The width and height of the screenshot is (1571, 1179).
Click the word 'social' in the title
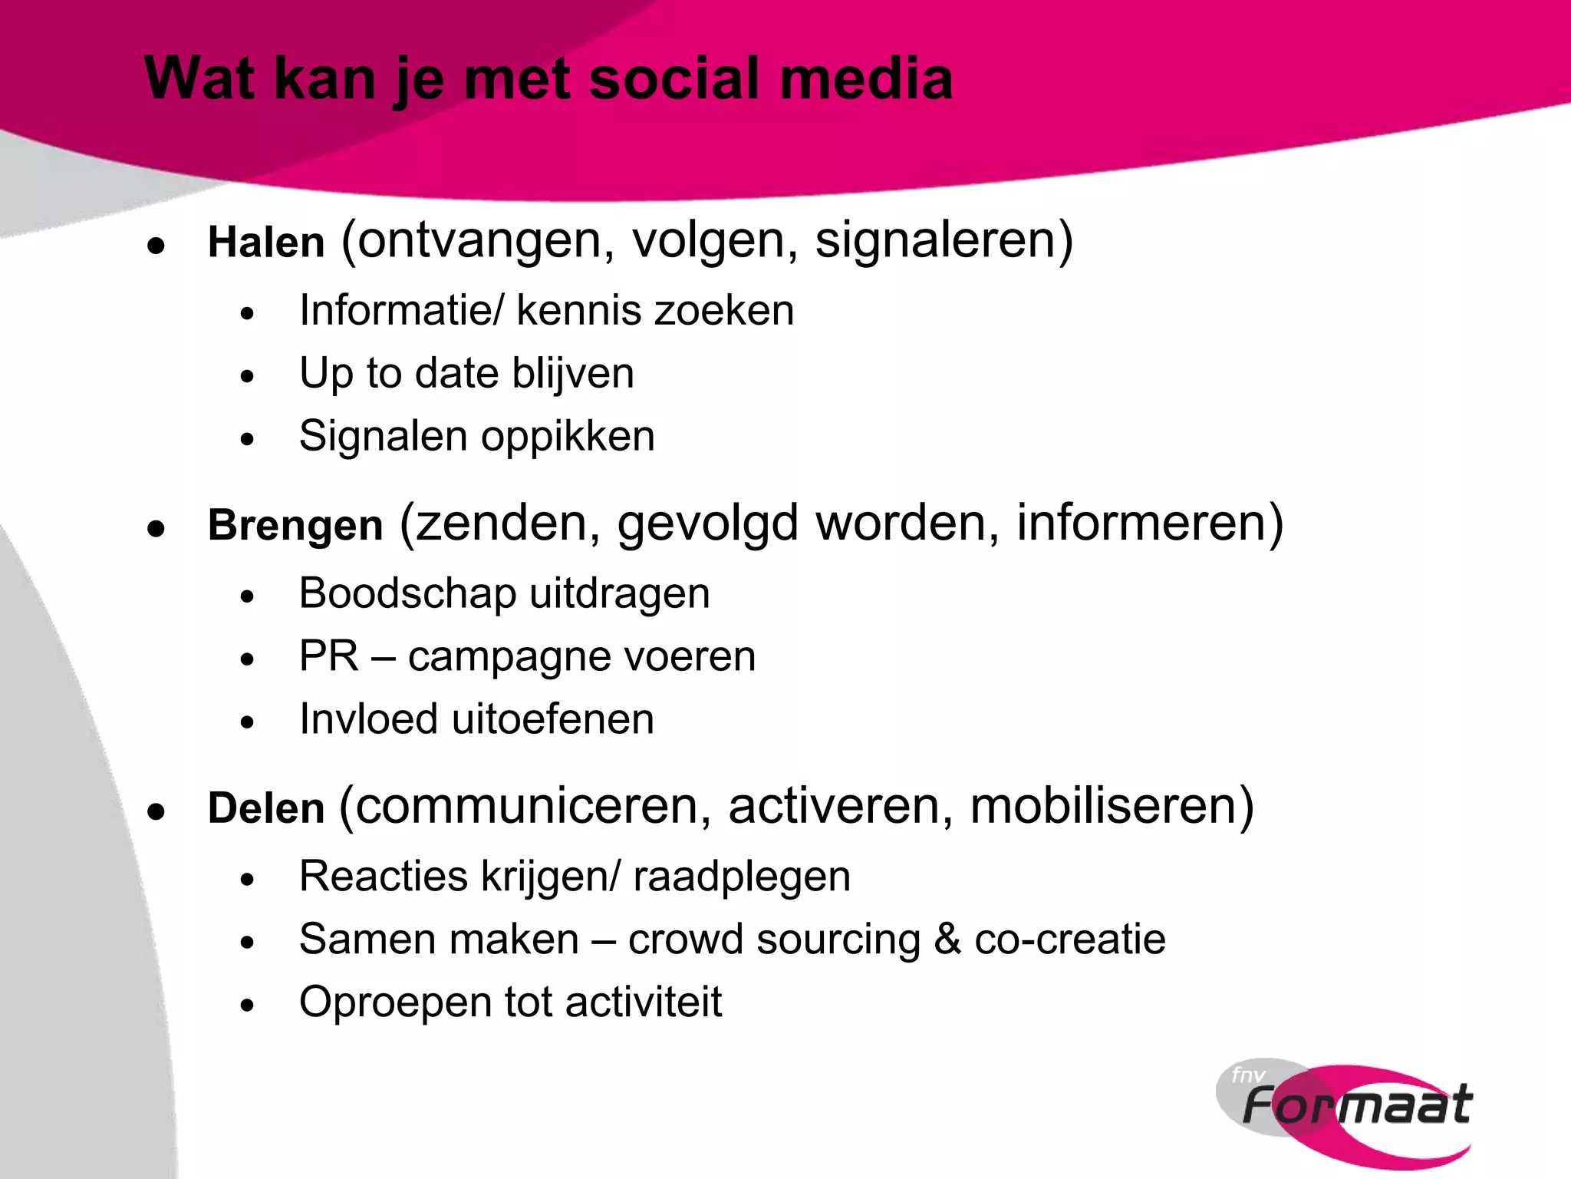click(x=675, y=79)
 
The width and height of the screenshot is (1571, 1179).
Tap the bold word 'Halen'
click(x=266, y=243)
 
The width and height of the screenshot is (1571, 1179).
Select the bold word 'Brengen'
click(x=295, y=526)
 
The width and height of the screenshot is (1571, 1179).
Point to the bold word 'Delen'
click(x=266, y=808)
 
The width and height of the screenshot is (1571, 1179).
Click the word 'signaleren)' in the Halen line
click(x=944, y=241)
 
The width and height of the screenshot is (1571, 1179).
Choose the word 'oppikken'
click(x=568, y=438)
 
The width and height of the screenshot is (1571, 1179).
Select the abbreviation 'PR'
click(x=328, y=656)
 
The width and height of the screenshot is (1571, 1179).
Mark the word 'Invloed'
click(x=368, y=719)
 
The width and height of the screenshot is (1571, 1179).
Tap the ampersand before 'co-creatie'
click(x=947, y=940)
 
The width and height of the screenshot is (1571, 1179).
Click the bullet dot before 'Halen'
click(x=156, y=246)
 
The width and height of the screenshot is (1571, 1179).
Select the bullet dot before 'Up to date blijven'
click(x=246, y=377)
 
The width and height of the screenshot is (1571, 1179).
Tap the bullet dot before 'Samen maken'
click(x=246, y=943)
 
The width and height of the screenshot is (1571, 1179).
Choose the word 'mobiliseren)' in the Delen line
click(x=1112, y=807)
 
